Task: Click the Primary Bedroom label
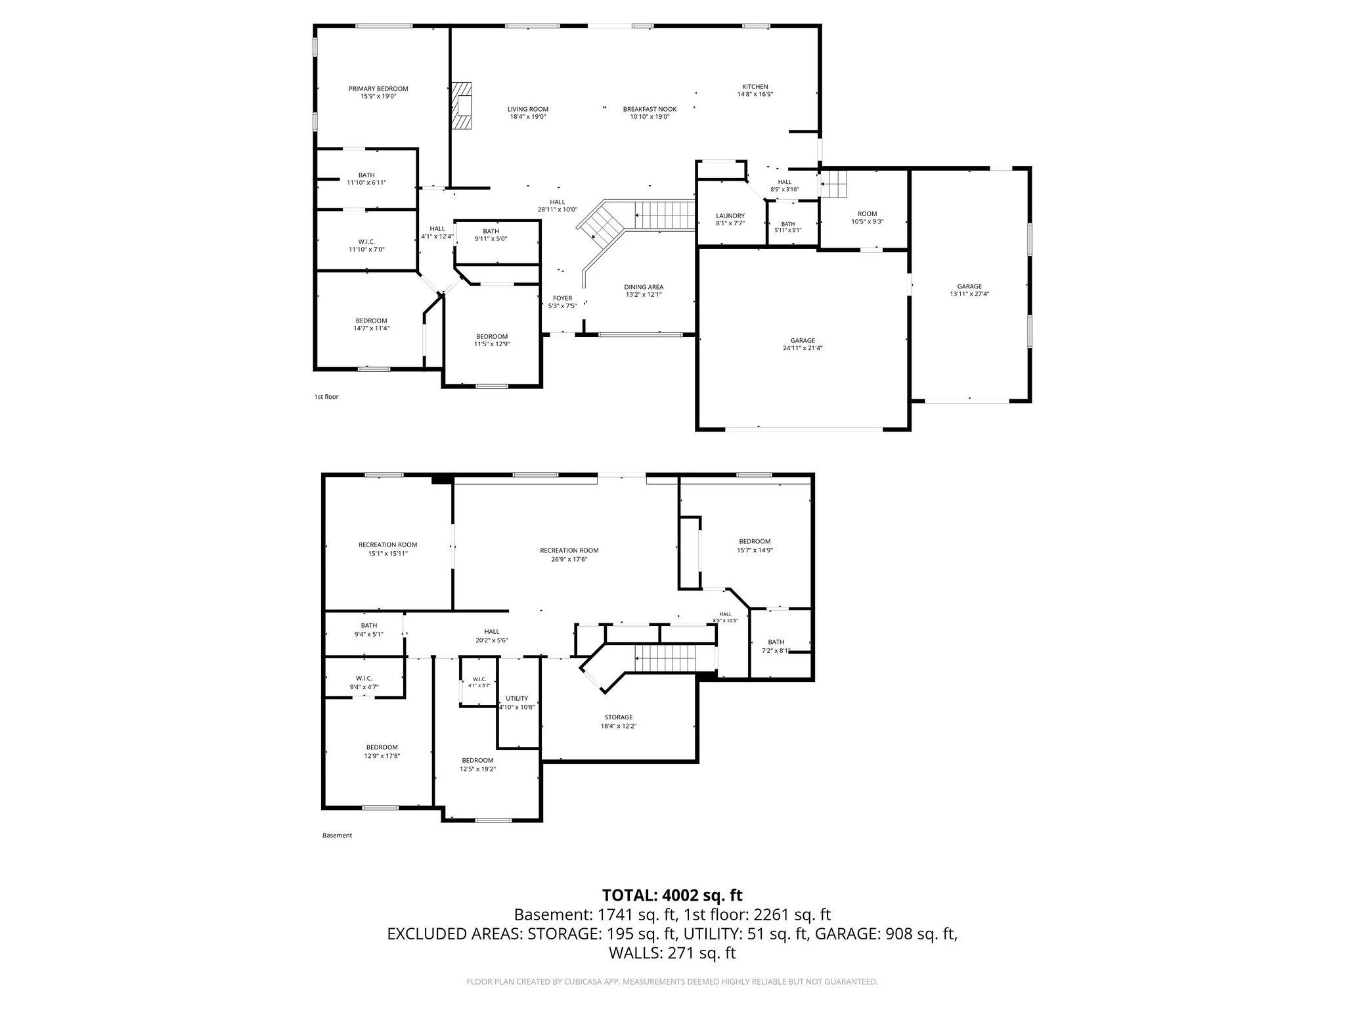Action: [x=378, y=89]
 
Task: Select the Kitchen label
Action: [x=755, y=87]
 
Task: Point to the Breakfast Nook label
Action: [x=650, y=109]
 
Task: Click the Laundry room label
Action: [x=730, y=215]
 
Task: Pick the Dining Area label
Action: [x=644, y=287]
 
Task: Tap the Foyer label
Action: [x=562, y=298]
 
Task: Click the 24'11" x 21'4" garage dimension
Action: [x=803, y=348]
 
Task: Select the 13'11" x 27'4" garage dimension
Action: [x=969, y=294]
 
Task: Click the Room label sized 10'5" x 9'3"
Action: [x=868, y=214]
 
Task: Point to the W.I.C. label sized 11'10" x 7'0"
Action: [x=366, y=242]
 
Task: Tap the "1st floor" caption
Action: [x=326, y=397]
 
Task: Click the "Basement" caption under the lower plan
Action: [x=337, y=836]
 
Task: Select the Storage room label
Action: [x=619, y=717]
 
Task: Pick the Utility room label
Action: [x=517, y=698]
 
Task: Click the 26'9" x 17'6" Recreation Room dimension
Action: [x=569, y=560]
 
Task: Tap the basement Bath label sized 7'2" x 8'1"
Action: [x=776, y=642]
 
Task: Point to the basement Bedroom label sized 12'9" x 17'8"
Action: [x=382, y=747]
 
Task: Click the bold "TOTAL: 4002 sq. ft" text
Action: [x=672, y=895]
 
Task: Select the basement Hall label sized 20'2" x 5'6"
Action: [x=492, y=631]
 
